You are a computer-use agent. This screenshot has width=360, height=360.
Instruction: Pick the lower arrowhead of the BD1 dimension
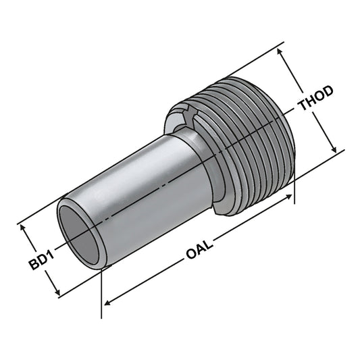tap(58, 292)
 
